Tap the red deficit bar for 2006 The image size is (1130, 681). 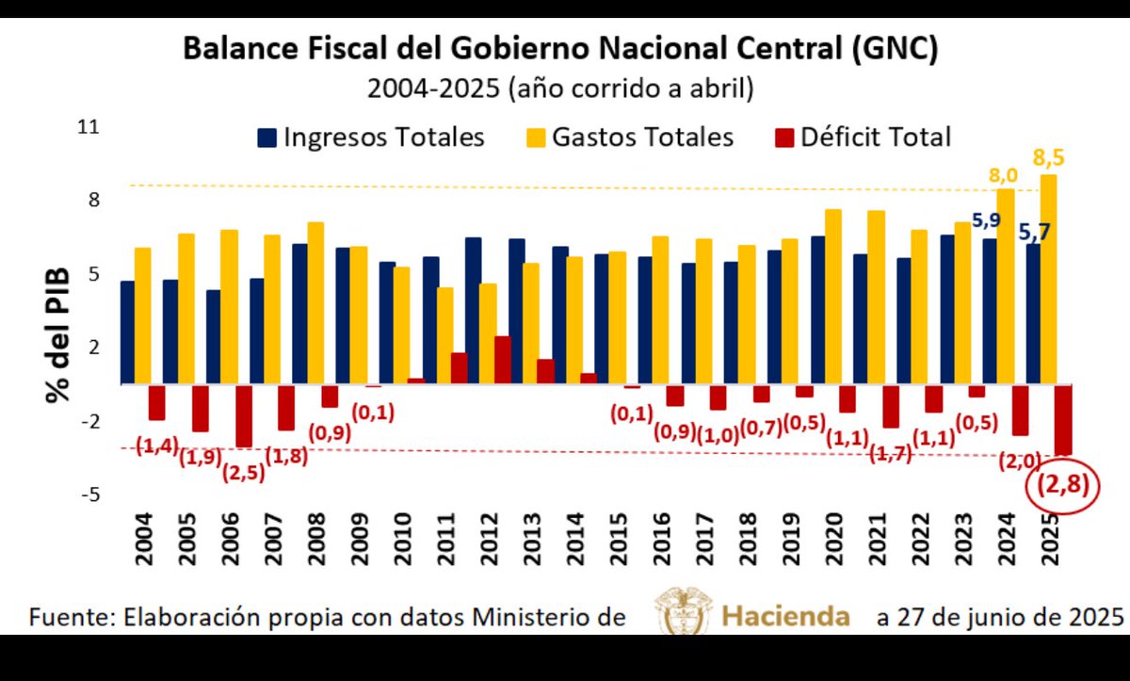(244, 415)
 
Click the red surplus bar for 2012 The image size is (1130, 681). (503, 360)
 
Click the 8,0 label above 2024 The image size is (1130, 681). (1004, 174)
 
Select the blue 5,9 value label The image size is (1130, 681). (986, 221)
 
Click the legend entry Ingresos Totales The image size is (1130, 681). (371, 138)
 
